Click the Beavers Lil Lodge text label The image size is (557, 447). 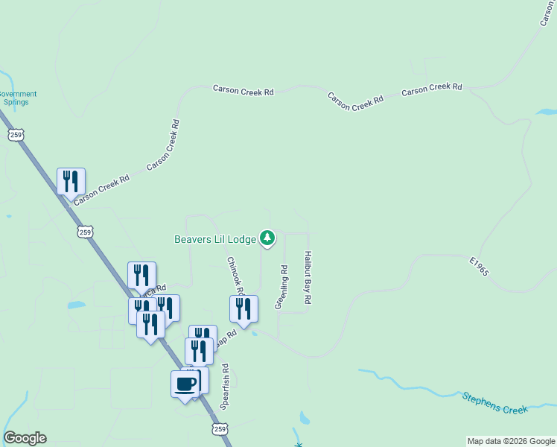pos(215,239)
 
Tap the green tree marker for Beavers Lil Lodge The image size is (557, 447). pos(267,238)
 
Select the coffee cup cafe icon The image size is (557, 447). pos(185,384)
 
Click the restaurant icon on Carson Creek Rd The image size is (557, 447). pos(71,181)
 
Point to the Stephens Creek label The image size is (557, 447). pos(494,403)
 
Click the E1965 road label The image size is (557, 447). pos(479,267)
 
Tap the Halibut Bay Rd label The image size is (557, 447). pos(307,277)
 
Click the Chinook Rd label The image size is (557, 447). pos(235,276)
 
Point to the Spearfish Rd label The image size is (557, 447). pos(225,387)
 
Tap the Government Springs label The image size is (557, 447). pos(16,98)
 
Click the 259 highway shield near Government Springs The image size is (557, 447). pos(16,134)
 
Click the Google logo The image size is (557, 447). pos(25,438)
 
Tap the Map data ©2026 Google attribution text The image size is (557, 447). pos(511,441)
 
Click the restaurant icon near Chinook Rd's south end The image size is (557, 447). pos(244,309)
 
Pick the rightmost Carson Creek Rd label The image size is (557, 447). pos(432,89)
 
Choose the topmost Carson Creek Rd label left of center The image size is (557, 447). pos(244,90)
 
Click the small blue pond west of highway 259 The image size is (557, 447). pos(76,305)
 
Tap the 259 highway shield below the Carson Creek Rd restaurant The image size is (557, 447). pos(86,232)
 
